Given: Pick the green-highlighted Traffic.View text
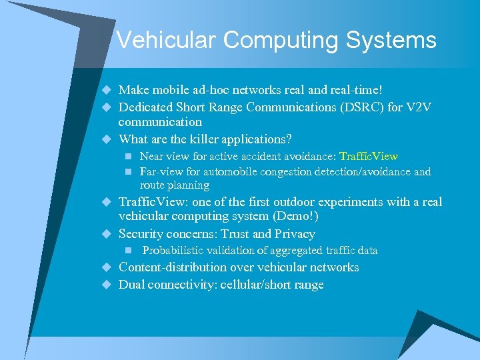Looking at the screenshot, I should (x=369, y=157).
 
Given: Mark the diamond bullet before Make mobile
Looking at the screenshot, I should (x=105, y=90).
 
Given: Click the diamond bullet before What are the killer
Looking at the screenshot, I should (x=105, y=139).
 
